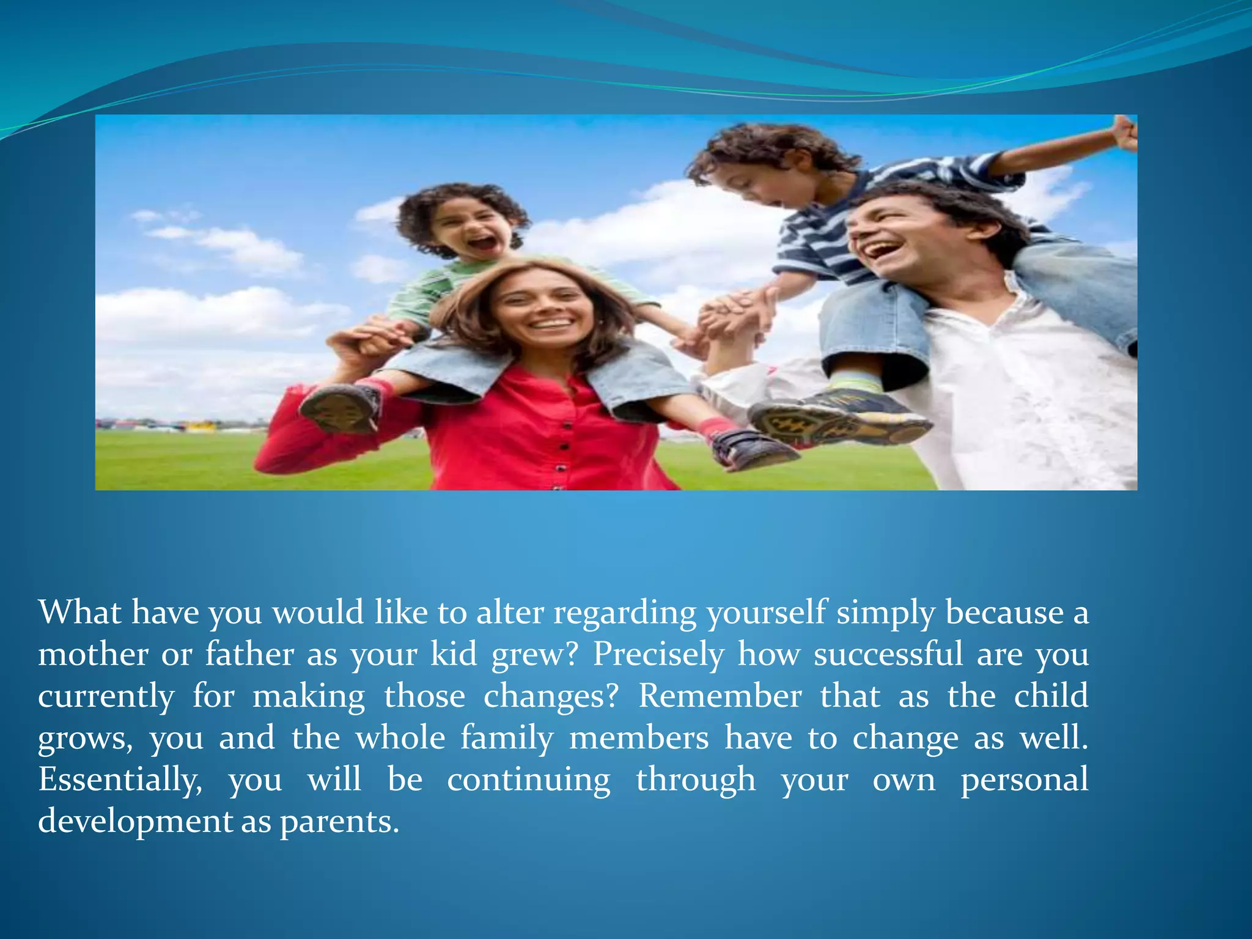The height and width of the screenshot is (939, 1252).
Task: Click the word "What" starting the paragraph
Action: tap(79, 612)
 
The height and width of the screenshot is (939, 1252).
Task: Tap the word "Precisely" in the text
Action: tap(658, 654)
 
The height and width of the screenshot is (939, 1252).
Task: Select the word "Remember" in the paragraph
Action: tap(720, 696)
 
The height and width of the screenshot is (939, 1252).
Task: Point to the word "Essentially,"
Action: tap(120, 780)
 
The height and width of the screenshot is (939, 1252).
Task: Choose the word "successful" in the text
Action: tap(888, 654)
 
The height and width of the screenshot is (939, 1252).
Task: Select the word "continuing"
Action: tap(529, 780)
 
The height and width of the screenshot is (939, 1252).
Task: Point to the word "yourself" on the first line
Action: tap(767, 613)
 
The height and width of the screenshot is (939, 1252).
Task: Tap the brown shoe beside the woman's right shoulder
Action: tap(340, 408)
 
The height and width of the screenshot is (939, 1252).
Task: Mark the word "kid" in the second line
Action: tap(453, 654)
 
